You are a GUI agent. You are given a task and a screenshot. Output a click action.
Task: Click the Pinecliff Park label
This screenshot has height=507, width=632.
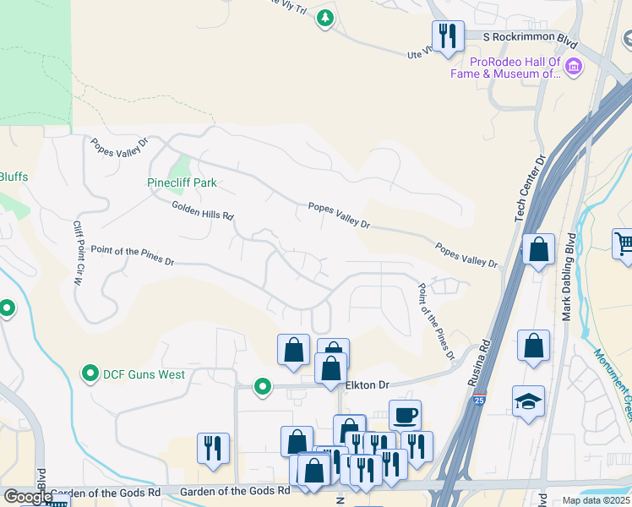(182, 183)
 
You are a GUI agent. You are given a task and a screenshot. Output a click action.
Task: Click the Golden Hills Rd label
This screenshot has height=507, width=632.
(203, 210)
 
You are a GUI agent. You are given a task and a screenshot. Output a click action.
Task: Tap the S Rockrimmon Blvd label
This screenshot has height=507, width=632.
(529, 37)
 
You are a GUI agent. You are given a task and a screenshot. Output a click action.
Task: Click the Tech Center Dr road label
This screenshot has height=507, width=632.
(531, 188)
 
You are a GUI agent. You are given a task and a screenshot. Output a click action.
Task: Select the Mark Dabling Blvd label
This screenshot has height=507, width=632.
(569, 280)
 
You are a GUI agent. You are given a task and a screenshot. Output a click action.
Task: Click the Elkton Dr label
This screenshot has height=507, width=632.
(368, 385)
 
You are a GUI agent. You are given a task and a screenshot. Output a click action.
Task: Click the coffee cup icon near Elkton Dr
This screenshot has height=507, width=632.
(406, 414)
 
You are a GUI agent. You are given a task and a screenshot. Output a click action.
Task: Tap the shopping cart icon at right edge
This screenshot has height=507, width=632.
(624, 243)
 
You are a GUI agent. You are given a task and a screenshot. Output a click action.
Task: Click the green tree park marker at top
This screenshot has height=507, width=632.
(324, 17)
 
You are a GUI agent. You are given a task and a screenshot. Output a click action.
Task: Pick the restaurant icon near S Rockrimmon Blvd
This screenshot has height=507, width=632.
(447, 35)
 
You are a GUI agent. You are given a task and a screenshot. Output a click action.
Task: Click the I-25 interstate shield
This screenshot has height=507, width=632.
(479, 401)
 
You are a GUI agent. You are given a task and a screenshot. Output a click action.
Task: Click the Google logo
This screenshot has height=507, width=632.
(27, 497)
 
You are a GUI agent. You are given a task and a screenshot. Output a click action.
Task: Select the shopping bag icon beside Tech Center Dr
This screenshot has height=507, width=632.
(538, 250)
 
